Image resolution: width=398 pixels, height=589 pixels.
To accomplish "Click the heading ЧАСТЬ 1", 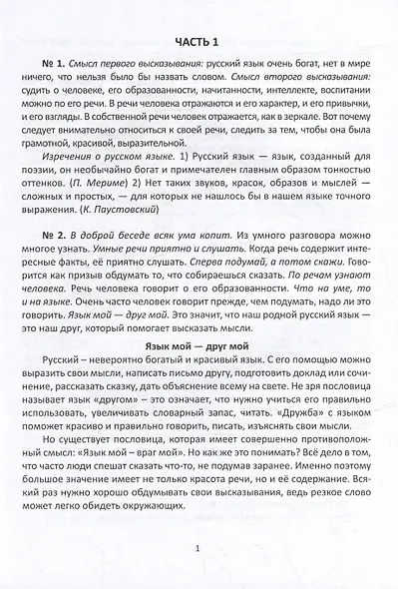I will click(x=199, y=40).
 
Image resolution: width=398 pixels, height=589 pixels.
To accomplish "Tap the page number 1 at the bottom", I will click(x=199, y=547).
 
